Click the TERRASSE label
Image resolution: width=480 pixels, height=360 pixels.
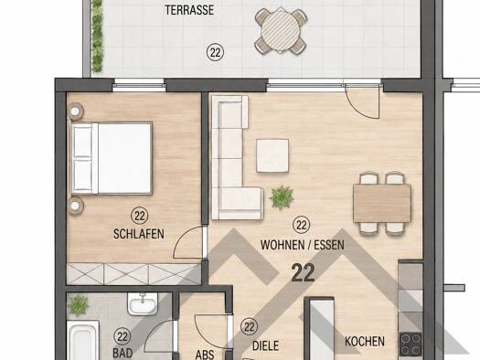pyautogui.click(x=189, y=10)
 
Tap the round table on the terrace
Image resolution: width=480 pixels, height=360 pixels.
pyautogui.click(x=281, y=30)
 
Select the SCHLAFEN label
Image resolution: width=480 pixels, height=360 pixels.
pyautogui.click(x=139, y=234)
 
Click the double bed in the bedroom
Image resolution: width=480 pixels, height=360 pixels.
pyautogui.click(x=112, y=158)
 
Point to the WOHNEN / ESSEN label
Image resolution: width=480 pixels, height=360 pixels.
pyautogui.click(x=302, y=245)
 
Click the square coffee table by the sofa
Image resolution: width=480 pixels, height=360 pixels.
pyautogui.click(x=272, y=155)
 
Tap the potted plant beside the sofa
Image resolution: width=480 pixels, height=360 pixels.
pyautogui.click(x=282, y=197)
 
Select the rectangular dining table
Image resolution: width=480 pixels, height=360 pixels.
pyautogui.click(x=382, y=204)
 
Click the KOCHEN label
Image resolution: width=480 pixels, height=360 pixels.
pyautogui.click(x=365, y=342)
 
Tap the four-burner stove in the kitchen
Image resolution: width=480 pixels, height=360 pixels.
pyautogui.click(x=411, y=344)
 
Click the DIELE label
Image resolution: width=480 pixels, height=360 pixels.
pyautogui.click(x=265, y=346)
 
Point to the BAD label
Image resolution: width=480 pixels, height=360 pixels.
pyautogui.click(x=123, y=353)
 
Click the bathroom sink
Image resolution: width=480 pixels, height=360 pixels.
pyautogui.click(x=143, y=303)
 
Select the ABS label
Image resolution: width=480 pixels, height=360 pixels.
pyautogui.click(x=205, y=355)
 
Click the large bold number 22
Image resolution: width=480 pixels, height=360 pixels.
pyautogui.click(x=303, y=273)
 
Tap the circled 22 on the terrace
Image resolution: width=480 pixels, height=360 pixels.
pyautogui.click(x=215, y=53)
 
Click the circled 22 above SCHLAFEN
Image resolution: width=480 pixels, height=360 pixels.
pyautogui.click(x=140, y=216)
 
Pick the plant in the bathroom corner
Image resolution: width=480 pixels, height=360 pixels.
pyautogui.click(x=78, y=305)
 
